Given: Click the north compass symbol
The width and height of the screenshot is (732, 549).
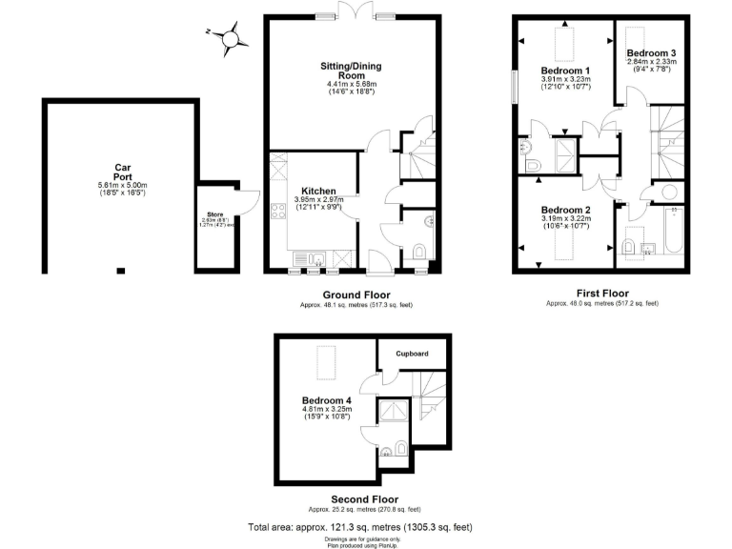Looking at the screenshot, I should click(231, 39).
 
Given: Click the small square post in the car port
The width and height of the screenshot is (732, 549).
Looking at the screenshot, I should click(121, 270).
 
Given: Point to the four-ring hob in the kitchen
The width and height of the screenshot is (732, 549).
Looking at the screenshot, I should click(278, 212).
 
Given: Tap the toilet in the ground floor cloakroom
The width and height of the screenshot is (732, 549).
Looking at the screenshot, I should click(420, 252).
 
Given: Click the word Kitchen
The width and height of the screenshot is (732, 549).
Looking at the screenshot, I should click(315, 190).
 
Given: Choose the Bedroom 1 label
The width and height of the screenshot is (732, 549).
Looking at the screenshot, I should click(565, 71).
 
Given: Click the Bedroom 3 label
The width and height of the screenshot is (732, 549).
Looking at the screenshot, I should click(651, 53).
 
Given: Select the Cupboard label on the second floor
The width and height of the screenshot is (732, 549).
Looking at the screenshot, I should click(414, 354).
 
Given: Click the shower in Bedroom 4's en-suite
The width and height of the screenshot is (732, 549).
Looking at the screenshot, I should click(393, 411).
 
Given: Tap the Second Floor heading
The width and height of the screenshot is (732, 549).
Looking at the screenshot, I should click(364, 498).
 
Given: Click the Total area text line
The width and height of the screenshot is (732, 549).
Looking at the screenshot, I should click(359, 526).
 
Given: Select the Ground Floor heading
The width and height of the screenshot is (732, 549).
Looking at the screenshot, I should click(356, 295).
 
